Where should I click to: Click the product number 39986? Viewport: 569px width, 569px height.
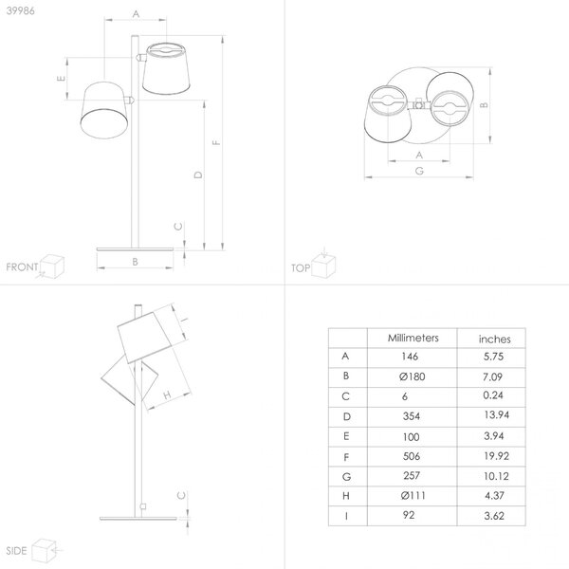(21, 10)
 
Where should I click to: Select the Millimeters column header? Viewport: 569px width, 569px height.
(413, 339)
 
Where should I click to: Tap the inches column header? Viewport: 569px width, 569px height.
(495, 340)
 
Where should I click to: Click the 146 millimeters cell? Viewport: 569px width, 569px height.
(410, 357)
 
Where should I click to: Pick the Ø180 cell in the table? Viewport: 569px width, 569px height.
(412, 376)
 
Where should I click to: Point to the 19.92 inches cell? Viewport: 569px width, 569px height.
(496, 456)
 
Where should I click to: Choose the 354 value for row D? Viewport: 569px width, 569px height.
(412, 416)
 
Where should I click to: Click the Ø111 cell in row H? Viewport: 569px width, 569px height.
(413, 495)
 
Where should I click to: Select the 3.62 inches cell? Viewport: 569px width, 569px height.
(494, 516)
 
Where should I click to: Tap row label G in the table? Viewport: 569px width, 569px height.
(346, 476)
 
